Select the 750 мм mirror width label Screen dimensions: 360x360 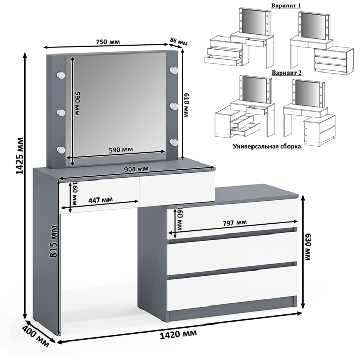point(112,42)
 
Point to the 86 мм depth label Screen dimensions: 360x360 point(179,41)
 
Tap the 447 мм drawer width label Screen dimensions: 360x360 point(100,200)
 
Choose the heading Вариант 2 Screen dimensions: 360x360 point(286,73)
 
